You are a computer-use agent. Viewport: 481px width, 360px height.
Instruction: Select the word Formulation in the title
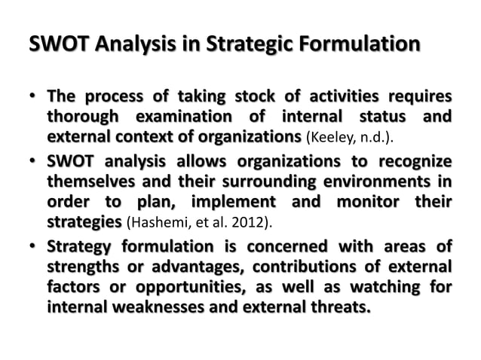click(x=359, y=47)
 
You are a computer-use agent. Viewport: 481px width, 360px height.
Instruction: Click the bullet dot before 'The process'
click(x=34, y=100)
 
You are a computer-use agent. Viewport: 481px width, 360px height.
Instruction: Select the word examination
click(x=182, y=118)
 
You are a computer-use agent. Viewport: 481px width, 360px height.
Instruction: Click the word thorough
click(x=84, y=118)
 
